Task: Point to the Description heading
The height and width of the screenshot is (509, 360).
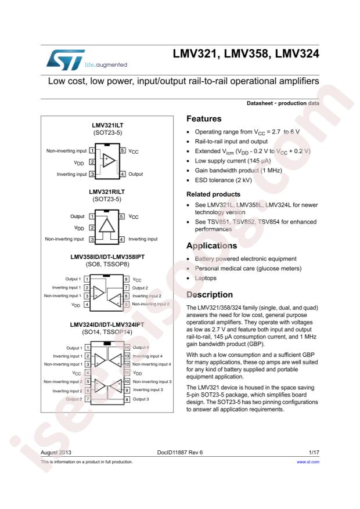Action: [210, 295]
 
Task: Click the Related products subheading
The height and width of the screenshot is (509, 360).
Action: [213, 194]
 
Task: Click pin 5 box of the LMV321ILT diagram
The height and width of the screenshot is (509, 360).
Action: [123, 151]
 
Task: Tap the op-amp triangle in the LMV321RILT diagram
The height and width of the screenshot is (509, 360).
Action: [107, 228]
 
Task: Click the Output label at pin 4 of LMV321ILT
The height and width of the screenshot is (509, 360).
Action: [136, 174]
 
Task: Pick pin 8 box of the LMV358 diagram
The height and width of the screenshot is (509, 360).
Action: [126, 279]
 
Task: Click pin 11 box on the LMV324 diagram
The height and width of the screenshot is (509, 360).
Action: [126, 372]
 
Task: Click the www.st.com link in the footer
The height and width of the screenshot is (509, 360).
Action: [308, 462]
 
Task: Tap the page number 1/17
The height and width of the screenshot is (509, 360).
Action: [313, 452]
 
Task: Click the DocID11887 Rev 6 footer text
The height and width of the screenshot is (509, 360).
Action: [180, 452]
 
